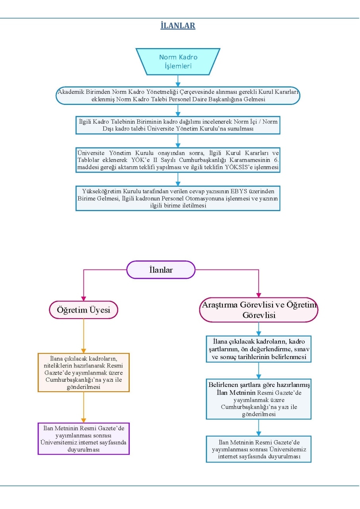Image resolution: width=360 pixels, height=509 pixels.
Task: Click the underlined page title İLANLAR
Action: pos(178,25)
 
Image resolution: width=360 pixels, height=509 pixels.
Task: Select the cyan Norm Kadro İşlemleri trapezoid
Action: pos(178,62)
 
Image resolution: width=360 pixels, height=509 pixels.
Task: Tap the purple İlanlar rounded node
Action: pos(161,270)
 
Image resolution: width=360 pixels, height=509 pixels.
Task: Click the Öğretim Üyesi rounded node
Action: pos(84,310)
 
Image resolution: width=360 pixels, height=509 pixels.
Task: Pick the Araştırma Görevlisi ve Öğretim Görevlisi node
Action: pos(259,310)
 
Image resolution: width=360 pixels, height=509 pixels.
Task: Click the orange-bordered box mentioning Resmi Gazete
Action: pos(84,373)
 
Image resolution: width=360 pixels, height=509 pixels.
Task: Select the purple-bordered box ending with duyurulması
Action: pos(84,439)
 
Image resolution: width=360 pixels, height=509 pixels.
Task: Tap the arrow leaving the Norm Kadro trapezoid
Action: pos(178,81)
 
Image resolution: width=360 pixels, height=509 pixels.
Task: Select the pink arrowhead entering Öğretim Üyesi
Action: pos(84,299)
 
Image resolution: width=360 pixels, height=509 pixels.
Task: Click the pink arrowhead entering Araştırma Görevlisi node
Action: pos(259,295)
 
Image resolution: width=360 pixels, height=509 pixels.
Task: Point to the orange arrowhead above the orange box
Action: pos(84,351)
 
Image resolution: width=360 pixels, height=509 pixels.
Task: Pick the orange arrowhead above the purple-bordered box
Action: pos(84,420)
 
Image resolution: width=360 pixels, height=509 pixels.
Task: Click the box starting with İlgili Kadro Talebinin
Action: pos(178,125)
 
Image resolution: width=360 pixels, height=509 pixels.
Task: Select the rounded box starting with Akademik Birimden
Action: pos(178,95)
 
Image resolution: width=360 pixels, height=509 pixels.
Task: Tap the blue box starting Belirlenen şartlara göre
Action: pos(259,399)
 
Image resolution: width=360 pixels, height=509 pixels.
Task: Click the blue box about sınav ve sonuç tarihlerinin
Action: pos(259,349)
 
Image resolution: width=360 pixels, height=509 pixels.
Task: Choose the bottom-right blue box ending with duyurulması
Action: pos(259,449)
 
